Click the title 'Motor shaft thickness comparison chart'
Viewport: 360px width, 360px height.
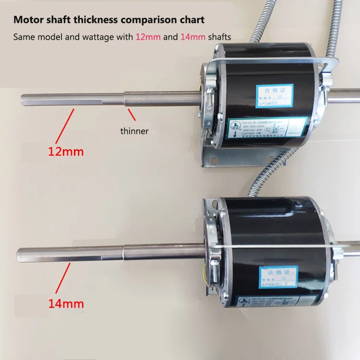point(108,20)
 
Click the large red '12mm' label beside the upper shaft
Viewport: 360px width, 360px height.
point(66,152)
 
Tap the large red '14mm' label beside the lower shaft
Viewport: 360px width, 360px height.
point(66,303)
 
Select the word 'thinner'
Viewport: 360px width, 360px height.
point(135,131)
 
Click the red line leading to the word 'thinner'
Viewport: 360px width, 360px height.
point(131,115)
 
